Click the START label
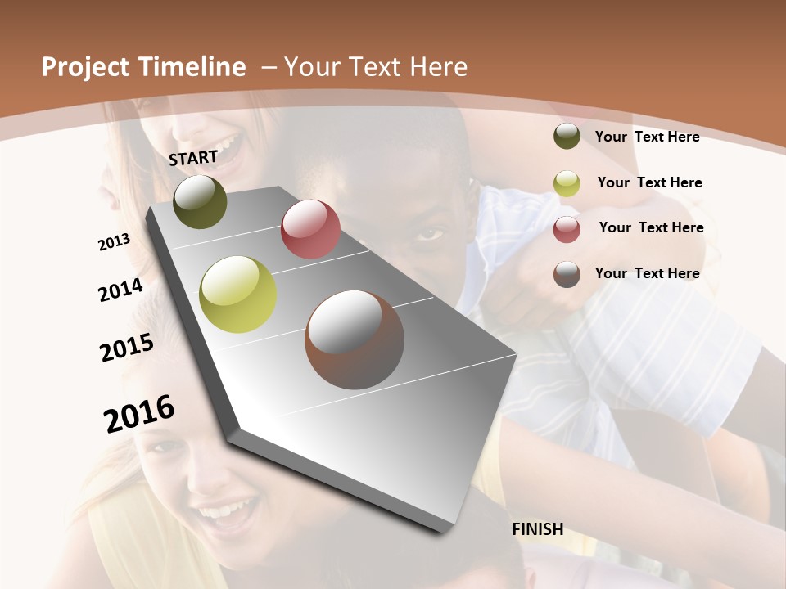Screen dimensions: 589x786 pyautogui.click(x=193, y=158)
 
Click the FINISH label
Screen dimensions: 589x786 pyautogui.click(x=537, y=529)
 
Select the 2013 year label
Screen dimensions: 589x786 pyautogui.click(x=114, y=242)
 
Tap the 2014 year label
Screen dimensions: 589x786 pyautogui.click(x=120, y=290)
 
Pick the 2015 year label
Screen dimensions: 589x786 pyautogui.click(x=127, y=348)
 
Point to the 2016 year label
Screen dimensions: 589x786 pyautogui.click(x=139, y=413)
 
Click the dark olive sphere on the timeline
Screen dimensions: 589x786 pyautogui.click(x=200, y=202)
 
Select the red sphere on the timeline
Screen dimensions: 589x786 pyautogui.click(x=310, y=229)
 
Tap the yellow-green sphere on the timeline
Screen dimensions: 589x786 pyautogui.click(x=238, y=294)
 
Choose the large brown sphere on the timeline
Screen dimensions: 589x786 pyautogui.click(x=355, y=339)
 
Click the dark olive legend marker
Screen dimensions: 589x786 pyautogui.click(x=567, y=136)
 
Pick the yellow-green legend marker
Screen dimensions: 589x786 pyautogui.click(x=567, y=183)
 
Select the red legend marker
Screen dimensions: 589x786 pyautogui.click(x=567, y=228)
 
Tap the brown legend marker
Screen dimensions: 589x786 pyautogui.click(x=567, y=274)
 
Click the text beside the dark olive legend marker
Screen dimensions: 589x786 pyautogui.click(x=647, y=137)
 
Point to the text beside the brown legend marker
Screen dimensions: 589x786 pyautogui.click(x=647, y=273)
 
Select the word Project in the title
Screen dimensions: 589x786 pyautogui.click(x=85, y=67)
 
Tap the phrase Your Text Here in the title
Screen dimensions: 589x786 pyautogui.click(x=376, y=67)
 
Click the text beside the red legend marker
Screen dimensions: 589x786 pyautogui.click(x=651, y=227)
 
